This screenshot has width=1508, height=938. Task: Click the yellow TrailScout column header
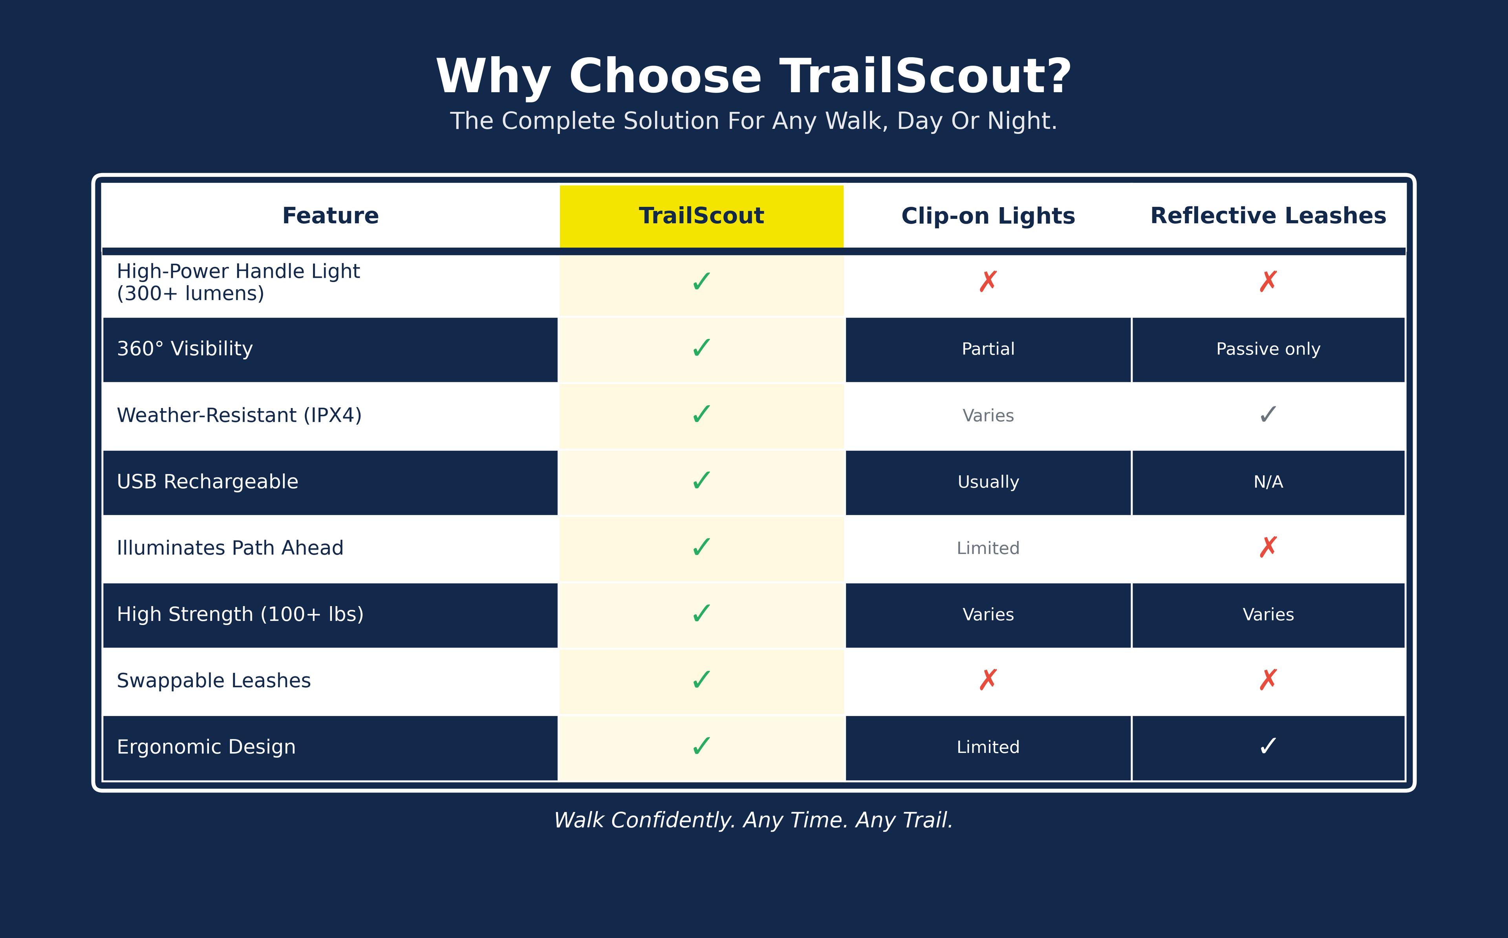click(701, 216)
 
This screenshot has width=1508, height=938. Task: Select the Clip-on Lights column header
click(988, 216)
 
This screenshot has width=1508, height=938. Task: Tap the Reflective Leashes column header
click(1268, 215)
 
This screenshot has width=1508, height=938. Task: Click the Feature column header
click(330, 215)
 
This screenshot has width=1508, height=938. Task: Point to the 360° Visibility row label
click(185, 349)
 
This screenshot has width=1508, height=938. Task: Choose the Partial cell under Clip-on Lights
click(988, 349)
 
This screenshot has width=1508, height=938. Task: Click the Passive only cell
click(1268, 349)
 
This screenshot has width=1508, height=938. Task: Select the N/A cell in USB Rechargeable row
click(1268, 482)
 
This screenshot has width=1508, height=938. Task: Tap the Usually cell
click(988, 482)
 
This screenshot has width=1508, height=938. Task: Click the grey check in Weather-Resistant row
click(1268, 414)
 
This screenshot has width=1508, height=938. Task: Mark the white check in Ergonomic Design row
click(1268, 746)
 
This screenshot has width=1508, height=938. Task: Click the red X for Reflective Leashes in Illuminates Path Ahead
click(1268, 547)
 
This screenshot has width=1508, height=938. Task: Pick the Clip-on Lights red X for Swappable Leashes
click(988, 680)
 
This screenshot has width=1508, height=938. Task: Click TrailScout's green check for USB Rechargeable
click(701, 481)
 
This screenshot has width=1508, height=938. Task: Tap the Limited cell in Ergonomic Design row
click(988, 747)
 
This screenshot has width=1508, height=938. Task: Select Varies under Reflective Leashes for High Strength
click(1268, 615)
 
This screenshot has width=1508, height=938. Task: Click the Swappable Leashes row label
click(214, 681)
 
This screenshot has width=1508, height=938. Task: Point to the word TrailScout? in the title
click(926, 77)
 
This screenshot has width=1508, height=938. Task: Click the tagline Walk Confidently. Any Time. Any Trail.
click(754, 820)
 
